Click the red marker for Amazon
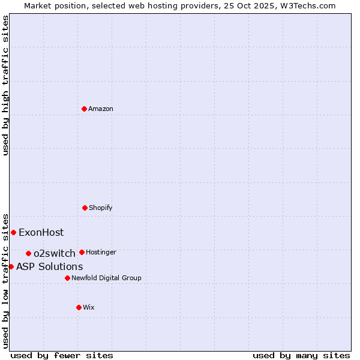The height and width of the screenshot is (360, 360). [x=85, y=109]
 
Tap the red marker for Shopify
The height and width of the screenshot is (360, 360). [x=85, y=208]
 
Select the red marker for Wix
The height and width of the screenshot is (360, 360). [x=79, y=307]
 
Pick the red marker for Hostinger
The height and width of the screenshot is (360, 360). [x=82, y=252]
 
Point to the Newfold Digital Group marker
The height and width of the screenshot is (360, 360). [x=67, y=278]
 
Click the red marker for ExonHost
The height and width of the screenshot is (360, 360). [x=13, y=232]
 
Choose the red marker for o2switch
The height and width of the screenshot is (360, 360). [x=28, y=253]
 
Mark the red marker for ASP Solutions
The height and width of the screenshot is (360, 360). [x=11, y=266]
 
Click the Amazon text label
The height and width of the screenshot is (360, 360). [x=101, y=109]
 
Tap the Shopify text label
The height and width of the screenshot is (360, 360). [x=101, y=208]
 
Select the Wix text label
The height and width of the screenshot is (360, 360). [x=89, y=308]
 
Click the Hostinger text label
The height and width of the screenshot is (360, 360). [x=101, y=253]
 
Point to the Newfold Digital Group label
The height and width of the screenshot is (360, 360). [x=106, y=278]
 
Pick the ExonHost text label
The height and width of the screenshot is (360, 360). [x=41, y=233]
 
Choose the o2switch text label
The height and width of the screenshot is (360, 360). [x=55, y=254]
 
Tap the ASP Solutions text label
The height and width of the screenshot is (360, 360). [x=50, y=267]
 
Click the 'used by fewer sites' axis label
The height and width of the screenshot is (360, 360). [x=62, y=356]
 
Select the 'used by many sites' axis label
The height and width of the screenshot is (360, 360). [x=301, y=356]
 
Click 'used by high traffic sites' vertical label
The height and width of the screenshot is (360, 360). [x=5, y=85]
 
